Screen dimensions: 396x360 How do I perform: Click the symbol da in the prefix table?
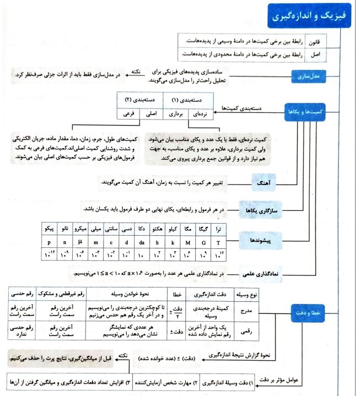click(142, 241)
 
